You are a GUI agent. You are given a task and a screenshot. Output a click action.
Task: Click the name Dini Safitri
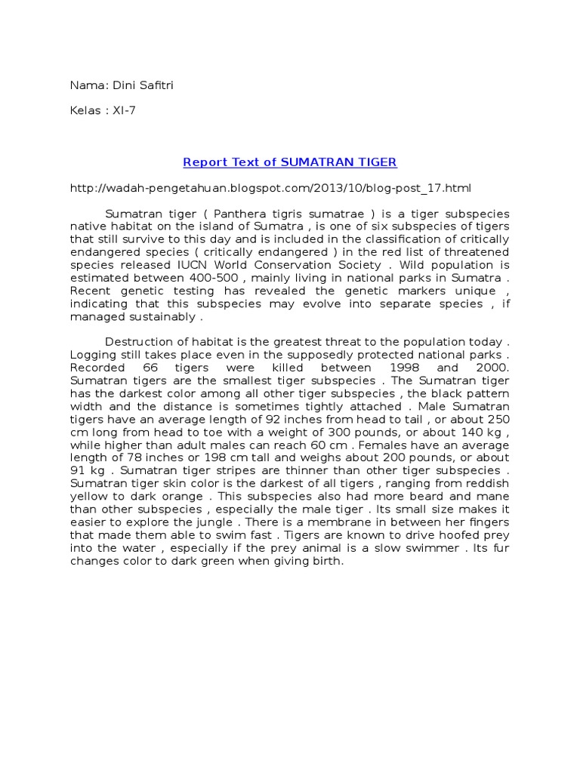pos(147,85)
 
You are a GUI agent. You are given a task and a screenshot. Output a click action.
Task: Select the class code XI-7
pos(123,111)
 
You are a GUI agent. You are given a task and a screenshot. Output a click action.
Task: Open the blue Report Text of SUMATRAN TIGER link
pos(290,162)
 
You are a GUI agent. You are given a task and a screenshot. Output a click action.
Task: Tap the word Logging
pos(92,355)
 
